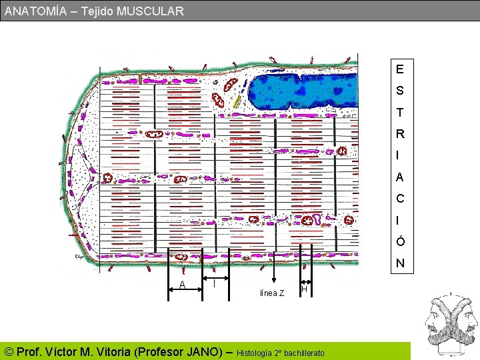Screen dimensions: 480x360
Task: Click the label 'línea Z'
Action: [x=272, y=293]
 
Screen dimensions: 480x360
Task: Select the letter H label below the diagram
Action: [x=304, y=289]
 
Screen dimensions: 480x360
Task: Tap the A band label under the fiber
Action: [x=182, y=285]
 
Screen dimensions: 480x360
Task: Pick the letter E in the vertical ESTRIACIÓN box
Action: [x=399, y=69]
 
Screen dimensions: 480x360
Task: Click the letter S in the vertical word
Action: [x=399, y=90]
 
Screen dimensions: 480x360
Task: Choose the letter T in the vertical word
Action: [x=399, y=112]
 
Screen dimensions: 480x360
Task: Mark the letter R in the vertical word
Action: [x=399, y=134]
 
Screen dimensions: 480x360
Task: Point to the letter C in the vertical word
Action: [x=399, y=199]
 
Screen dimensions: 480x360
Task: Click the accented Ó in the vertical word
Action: [x=399, y=241]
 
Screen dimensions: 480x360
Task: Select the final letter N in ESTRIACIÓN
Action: [x=399, y=263]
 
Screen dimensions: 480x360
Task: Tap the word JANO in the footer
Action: [x=201, y=351]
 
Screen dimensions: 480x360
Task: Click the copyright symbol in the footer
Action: [x=9, y=351]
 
